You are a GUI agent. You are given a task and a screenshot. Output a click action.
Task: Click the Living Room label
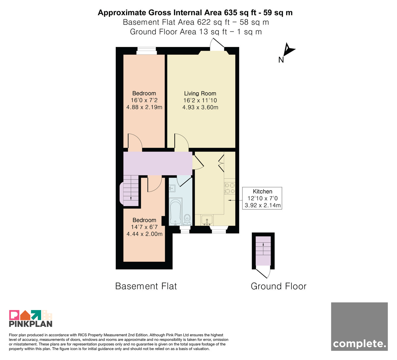coord(200,93)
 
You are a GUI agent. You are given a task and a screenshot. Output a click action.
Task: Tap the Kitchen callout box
coord(262,198)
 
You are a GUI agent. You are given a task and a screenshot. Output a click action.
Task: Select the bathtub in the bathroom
coord(175,211)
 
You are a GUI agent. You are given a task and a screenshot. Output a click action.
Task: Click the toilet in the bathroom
coord(187,220)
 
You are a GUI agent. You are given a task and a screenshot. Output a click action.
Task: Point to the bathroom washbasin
coord(172,188)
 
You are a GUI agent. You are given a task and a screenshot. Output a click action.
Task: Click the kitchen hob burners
coord(230,188)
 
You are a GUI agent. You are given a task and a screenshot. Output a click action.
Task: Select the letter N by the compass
coord(281,60)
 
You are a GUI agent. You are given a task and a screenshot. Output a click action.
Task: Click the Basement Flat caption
coord(146,286)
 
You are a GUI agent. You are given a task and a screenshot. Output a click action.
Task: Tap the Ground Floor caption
coord(279,286)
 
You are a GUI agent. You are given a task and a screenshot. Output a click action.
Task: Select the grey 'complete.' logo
coord(359,327)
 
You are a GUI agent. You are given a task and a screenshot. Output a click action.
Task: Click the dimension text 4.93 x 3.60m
coord(200,107)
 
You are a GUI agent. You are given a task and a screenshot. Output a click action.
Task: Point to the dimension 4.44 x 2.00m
coord(145,234)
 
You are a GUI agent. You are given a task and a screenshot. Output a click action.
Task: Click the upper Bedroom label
coord(144,93)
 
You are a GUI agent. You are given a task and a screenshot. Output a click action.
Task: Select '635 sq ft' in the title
coord(240,13)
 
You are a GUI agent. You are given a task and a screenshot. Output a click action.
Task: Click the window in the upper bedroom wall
coord(147,51)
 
